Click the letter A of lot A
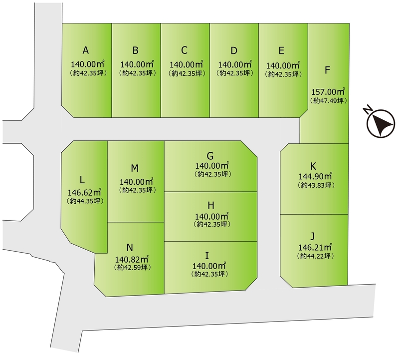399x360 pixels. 86,50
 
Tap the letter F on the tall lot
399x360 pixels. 327,70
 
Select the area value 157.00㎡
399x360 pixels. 328,91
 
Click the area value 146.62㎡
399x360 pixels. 84,192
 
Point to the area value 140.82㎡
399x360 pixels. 132,259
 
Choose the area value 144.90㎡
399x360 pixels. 315,176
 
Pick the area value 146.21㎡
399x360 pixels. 315,247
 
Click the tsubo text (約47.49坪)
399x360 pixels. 328,100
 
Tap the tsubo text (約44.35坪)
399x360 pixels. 85,201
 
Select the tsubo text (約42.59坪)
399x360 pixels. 132,268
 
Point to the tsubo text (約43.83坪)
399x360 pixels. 316,185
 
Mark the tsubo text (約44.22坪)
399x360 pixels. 315,256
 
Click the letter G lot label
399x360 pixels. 210,155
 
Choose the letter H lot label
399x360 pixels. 211,205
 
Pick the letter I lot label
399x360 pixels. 207,255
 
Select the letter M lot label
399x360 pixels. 135,168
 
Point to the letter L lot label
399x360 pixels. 82,180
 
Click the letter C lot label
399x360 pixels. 185,50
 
